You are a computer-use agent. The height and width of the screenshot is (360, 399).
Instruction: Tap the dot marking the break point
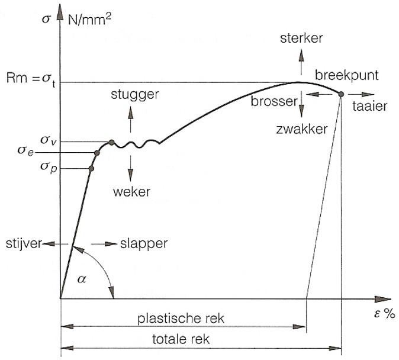(x=341, y=94)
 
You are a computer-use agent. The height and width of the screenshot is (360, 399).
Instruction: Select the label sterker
(x=301, y=38)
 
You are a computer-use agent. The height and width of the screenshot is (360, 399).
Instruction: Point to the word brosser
(x=273, y=102)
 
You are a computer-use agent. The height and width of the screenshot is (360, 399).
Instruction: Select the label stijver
(x=22, y=243)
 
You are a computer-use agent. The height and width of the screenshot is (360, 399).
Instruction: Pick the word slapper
(x=144, y=243)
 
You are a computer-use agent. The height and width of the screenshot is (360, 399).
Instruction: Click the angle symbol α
(x=82, y=279)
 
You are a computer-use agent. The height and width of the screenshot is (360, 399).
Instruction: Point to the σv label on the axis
(x=49, y=141)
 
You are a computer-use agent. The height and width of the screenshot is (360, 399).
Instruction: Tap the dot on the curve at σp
(x=91, y=169)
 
